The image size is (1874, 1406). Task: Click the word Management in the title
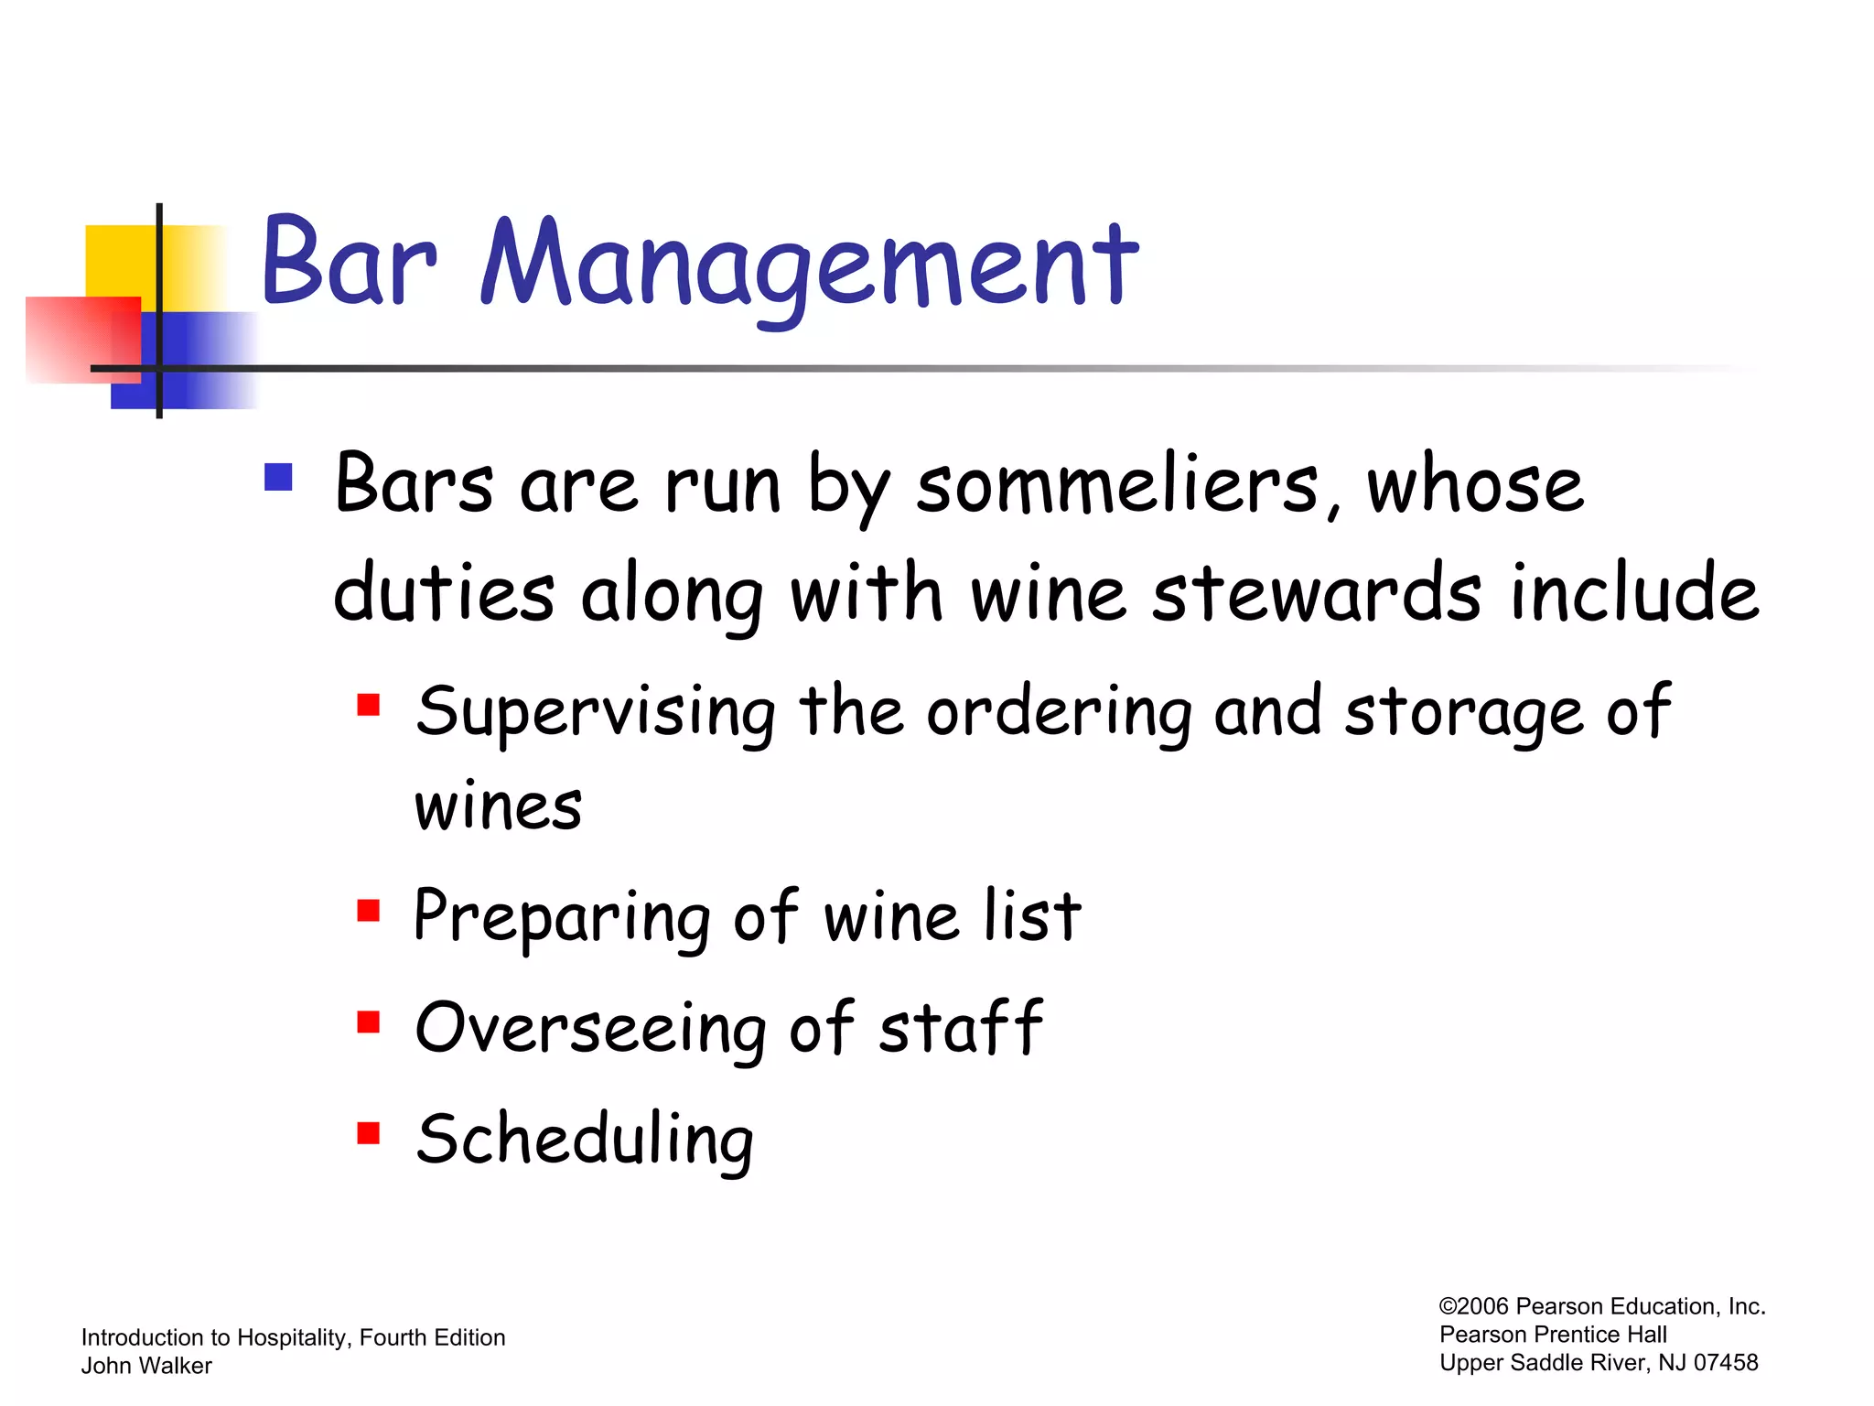pos(809,265)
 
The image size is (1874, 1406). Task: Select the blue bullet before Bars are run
pos(278,477)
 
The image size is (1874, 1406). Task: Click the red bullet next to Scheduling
pos(369,1133)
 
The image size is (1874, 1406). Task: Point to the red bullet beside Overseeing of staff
pos(369,1022)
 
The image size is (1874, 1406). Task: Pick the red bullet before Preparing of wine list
pos(369,910)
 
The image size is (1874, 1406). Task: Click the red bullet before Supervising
pos(369,705)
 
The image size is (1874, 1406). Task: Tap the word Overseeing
pos(590,1028)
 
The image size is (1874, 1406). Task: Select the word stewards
pos(1316,593)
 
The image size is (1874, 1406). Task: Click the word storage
pos(1463,712)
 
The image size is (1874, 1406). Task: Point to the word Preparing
pos(561,917)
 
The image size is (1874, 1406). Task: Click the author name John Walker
pos(146,1366)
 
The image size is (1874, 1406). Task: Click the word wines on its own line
pos(499,807)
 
